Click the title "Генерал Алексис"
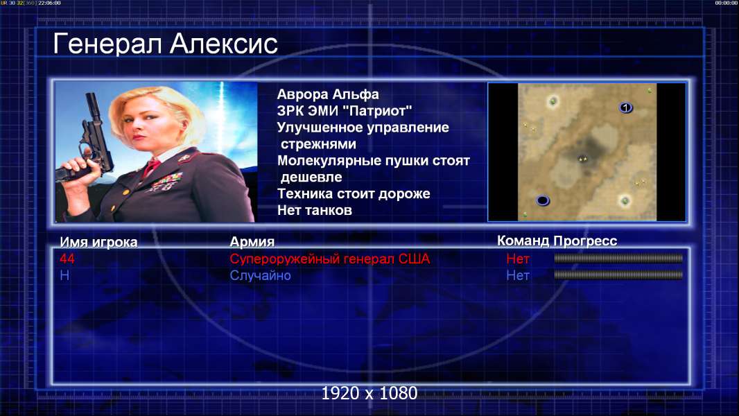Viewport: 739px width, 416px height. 166,44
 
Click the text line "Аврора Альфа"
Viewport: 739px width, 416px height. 327,94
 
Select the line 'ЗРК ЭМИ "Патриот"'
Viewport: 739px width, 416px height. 345,111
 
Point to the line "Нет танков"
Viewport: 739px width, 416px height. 314,210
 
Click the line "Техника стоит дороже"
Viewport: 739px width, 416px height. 354,193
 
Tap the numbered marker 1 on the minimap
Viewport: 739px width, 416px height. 625,108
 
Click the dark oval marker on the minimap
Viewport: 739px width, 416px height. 543,200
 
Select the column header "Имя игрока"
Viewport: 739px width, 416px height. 98,242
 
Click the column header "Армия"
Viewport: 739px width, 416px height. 252,242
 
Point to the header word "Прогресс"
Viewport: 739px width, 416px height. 585,241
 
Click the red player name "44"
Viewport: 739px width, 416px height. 67,259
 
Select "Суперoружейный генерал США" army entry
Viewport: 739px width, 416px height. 329,259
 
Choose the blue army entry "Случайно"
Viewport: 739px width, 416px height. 260,276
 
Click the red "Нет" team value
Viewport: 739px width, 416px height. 517,259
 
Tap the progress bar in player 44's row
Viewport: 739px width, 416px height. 618,258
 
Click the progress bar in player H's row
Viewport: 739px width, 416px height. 618,275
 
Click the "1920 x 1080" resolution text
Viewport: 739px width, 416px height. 369,393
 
